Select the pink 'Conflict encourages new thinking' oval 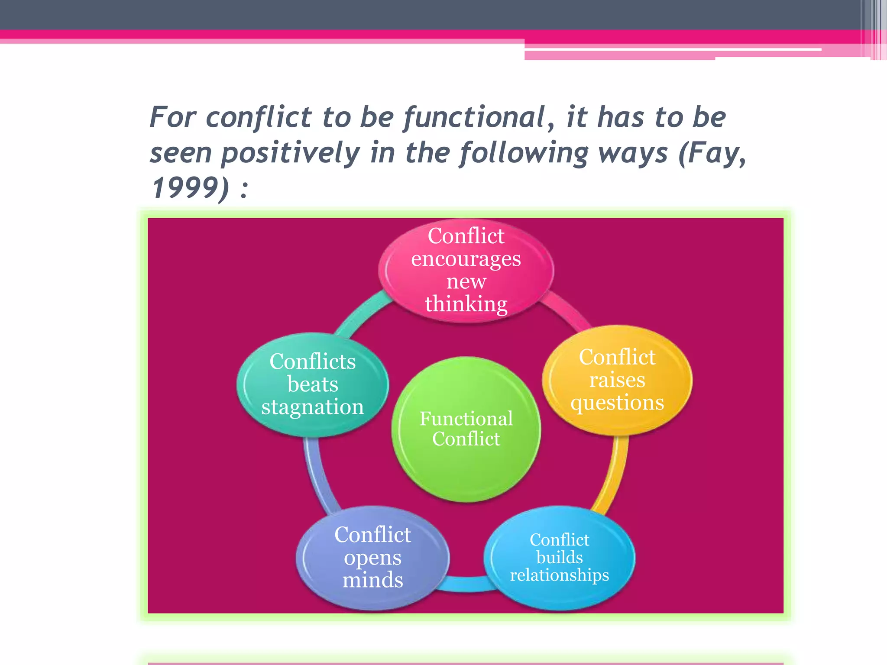(x=466, y=270)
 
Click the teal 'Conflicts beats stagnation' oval (x=312, y=384)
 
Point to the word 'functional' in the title (x=474, y=118)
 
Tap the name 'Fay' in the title (x=714, y=153)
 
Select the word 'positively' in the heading (x=290, y=153)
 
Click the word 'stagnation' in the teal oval (x=312, y=407)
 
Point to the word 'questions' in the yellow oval (x=617, y=403)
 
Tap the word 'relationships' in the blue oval (x=559, y=575)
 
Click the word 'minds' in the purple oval (x=372, y=580)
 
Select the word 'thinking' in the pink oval (x=466, y=304)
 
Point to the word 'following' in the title (x=524, y=153)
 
